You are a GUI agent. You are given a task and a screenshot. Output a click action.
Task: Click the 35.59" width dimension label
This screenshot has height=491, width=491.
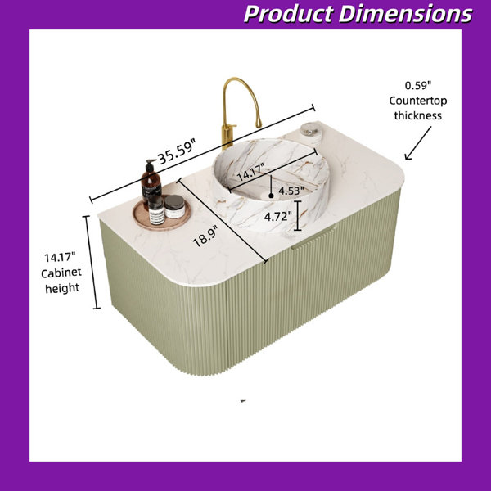[x=177, y=151]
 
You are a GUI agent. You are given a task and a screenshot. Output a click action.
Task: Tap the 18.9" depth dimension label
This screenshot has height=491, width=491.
[x=205, y=236]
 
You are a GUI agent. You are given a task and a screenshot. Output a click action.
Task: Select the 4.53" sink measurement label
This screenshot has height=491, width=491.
[x=291, y=191]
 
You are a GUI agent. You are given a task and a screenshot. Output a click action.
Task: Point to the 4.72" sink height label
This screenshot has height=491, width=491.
[x=277, y=216]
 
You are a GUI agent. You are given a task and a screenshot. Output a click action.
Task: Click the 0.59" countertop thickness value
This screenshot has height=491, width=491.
[x=418, y=85]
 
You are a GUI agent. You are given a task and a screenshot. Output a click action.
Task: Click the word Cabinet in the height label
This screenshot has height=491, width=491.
[x=61, y=273]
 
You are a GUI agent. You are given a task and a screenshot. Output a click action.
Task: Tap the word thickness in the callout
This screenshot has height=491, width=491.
[x=417, y=115]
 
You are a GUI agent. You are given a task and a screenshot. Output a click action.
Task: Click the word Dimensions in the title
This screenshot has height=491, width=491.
[x=405, y=14]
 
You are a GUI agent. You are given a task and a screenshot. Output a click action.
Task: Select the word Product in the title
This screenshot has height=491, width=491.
[x=288, y=14]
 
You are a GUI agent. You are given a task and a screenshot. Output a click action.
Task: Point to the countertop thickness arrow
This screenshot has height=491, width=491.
[x=417, y=143]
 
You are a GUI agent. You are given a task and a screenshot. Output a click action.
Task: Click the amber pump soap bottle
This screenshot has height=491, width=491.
[x=151, y=184]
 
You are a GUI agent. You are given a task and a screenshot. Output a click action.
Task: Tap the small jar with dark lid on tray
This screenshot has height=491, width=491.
[x=174, y=206]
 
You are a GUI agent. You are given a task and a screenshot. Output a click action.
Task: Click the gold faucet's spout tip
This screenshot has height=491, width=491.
[x=259, y=124]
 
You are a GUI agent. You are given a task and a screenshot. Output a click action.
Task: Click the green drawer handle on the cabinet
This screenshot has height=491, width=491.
[x=313, y=239]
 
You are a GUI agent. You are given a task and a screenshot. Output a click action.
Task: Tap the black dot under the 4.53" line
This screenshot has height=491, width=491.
[x=271, y=196]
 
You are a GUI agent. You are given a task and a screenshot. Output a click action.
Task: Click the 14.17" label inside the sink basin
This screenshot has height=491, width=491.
[x=251, y=173]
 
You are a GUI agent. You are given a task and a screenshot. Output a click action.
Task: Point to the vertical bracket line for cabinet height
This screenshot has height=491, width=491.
[x=92, y=262]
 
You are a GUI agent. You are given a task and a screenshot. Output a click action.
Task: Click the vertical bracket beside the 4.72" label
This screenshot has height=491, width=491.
[x=298, y=216]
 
